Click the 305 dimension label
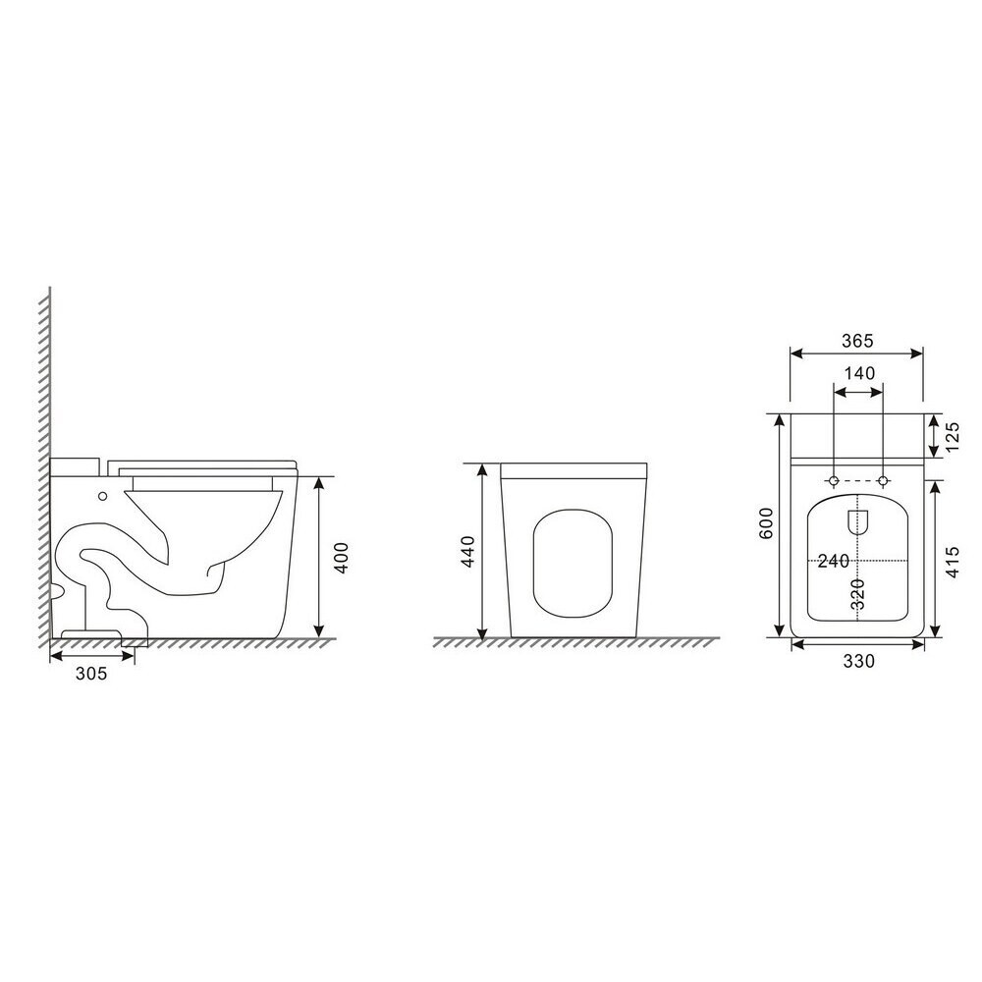point(91,674)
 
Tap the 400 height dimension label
point(342,557)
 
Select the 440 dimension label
point(467,551)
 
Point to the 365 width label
point(856,341)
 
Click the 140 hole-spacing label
point(859,373)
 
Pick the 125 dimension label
point(952,437)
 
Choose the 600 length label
point(766,523)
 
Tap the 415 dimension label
point(952,562)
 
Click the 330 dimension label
point(858,661)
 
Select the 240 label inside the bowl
point(834,561)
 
